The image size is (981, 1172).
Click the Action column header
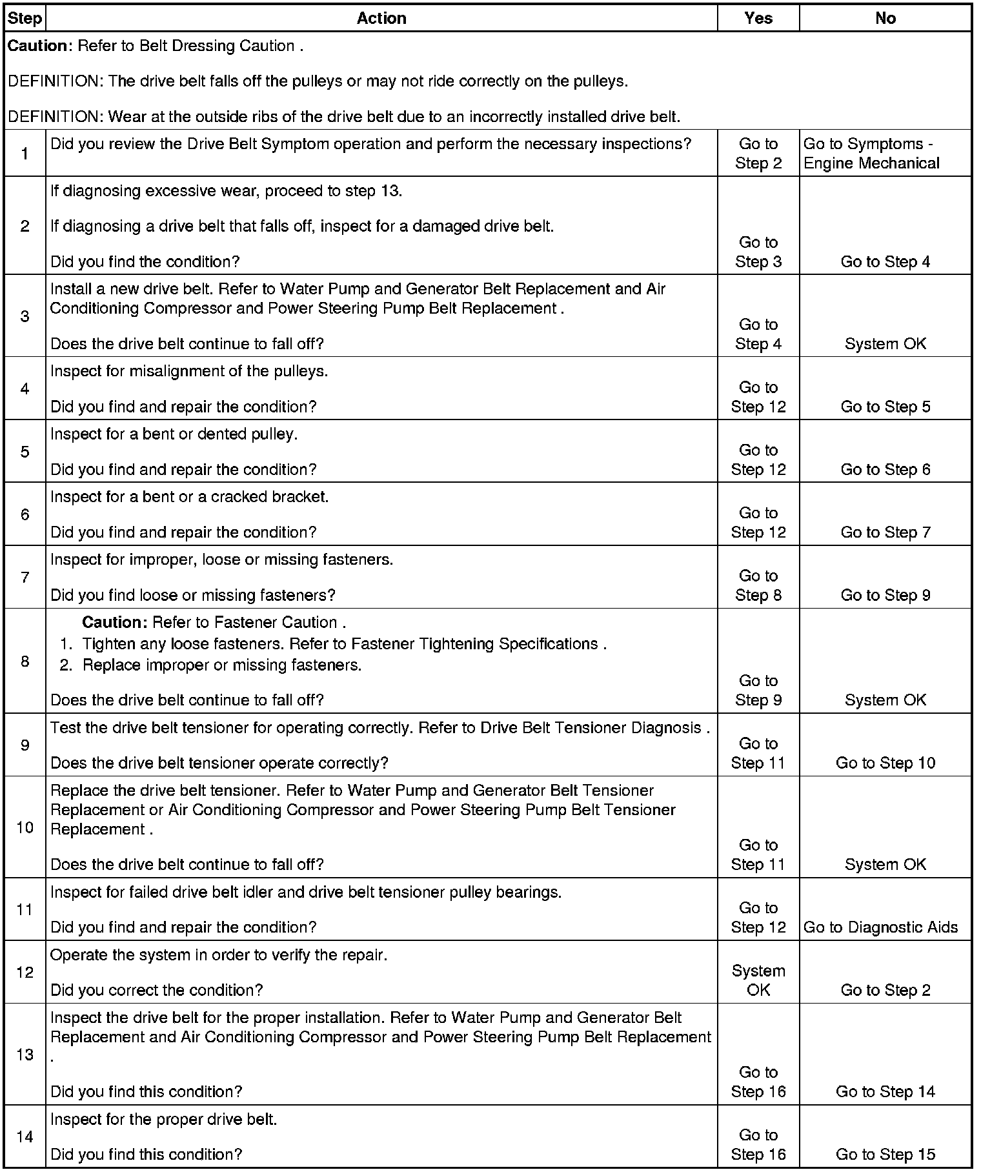click(x=381, y=18)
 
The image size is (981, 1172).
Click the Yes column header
click(x=758, y=18)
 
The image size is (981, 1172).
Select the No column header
click(x=885, y=18)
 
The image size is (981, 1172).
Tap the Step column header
click(x=25, y=18)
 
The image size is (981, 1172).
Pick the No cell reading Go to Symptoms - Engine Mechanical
click(x=871, y=154)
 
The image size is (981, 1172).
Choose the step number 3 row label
click(x=25, y=316)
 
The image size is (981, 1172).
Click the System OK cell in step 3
click(x=885, y=343)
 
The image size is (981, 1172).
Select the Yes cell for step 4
click(x=758, y=397)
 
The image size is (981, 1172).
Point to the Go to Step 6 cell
click(x=885, y=469)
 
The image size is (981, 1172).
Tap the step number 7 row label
click(x=25, y=577)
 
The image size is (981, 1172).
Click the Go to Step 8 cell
click(x=758, y=585)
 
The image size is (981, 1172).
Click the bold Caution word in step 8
click(x=115, y=622)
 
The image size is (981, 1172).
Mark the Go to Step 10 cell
click(x=885, y=763)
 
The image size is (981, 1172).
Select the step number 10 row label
click(x=25, y=827)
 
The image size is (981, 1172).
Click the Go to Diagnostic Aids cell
click(x=880, y=927)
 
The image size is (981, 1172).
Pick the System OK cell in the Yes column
click(x=758, y=980)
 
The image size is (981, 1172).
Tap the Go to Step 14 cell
click(x=885, y=1091)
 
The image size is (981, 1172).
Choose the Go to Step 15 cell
click(x=885, y=1155)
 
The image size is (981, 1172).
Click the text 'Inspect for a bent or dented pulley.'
click(x=174, y=434)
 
